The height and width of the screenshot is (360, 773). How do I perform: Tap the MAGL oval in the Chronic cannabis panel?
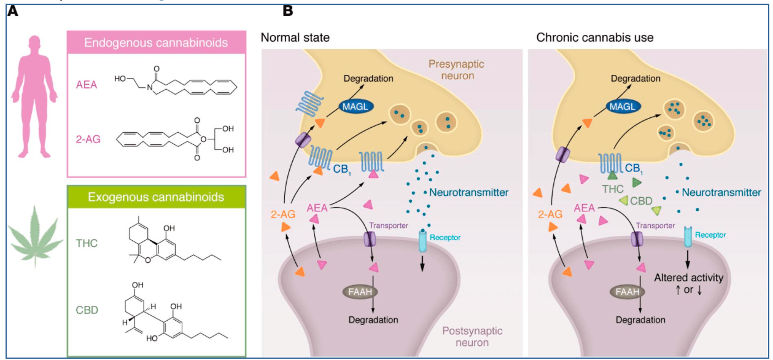[624, 108]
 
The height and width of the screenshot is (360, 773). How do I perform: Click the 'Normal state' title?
[295, 37]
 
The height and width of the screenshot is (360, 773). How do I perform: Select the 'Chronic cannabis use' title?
[594, 37]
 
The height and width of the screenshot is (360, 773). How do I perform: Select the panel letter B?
[287, 10]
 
